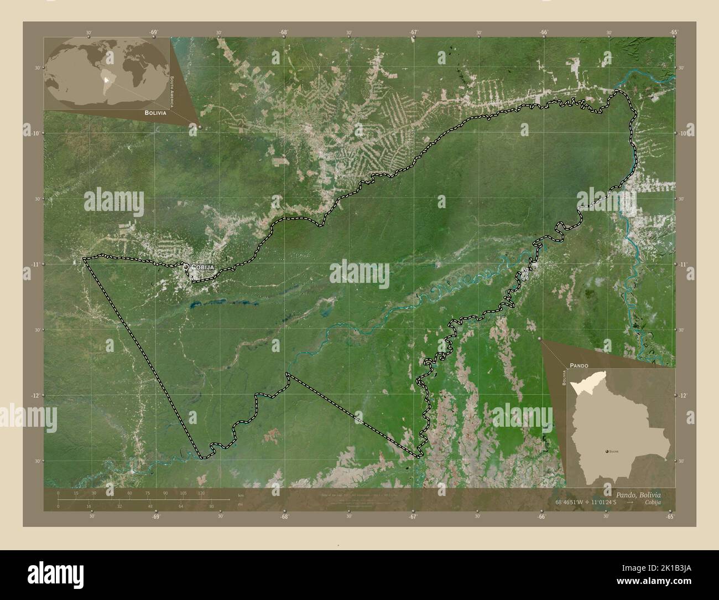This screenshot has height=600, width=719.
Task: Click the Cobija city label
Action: pyautogui.click(x=202, y=267)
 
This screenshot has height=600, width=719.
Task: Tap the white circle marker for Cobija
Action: pyautogui.click(x=186, y=267)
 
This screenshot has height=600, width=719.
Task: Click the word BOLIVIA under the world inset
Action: pyautogui.click(x=155, y=112)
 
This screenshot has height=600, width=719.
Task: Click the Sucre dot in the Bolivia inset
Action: pyautogui.click(x=608, y=452)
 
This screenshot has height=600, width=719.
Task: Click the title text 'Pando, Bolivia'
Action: pyautogui.click(x=637, y=494)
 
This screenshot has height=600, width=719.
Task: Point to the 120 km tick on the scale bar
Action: pyautogui.click(x=201, y=493)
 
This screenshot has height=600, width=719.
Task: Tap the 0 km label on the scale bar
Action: pyautogui.click(x=58, y=493)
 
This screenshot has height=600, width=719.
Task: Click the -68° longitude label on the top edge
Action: pyautogui.click(x=284, y=33)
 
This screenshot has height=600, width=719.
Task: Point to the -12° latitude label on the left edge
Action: pyautogui.click(x=35, y=395)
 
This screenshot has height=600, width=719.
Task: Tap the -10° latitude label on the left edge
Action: pyautogui.click(x=35, y=133)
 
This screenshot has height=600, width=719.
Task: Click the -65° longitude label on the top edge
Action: pyautogui.click(x=673, y=33)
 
